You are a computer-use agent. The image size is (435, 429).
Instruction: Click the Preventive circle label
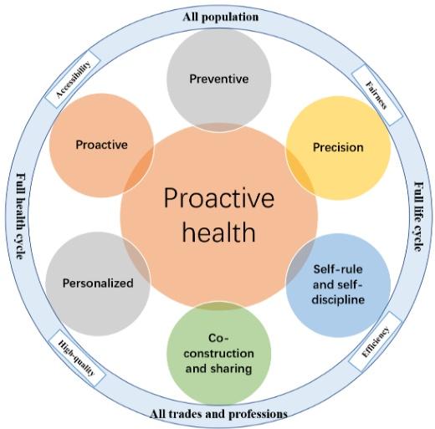tap(219, 79)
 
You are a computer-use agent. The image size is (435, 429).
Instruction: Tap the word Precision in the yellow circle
tap(338, 147)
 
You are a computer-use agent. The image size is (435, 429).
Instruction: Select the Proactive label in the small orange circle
tap(101, 145)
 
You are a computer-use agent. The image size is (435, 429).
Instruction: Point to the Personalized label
tap(98, 283)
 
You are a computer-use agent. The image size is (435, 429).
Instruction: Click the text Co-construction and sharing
tap(219, 354)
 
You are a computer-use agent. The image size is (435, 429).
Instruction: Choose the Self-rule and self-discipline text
tap(338, 284)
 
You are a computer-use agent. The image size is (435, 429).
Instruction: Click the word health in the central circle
tap(219, 232)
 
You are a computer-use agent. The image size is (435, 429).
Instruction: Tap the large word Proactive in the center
tap(219, 198)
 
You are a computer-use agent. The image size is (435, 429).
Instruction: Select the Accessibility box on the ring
tap(73, 79)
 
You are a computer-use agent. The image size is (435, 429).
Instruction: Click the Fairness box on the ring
tap(376, 95)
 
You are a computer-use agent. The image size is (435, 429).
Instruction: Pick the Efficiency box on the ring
tap(376, 342)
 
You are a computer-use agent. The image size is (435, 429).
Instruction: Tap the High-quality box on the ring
tap(77, 358)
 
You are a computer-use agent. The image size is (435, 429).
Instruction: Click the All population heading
tap(221, 17)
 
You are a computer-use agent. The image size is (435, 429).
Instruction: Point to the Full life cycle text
tap(418, 217)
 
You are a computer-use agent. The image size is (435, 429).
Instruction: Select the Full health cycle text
tap(21, 216)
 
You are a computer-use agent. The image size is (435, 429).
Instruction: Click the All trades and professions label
tap(218, 414)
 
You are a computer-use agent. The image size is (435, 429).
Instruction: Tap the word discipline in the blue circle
tap(338, 299)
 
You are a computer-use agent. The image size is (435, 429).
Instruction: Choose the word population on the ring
tap(230, 18)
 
